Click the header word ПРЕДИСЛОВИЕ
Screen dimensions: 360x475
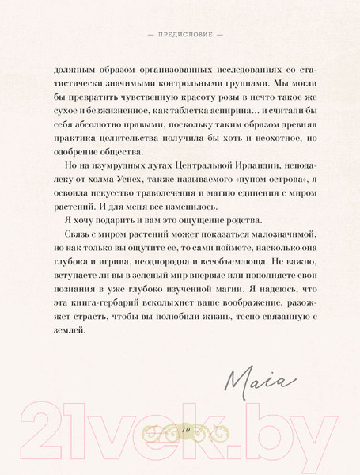[x=180, y=36]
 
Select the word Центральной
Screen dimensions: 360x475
[x=190, y=168]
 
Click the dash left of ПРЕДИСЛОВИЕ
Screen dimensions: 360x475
[x=140, y=36]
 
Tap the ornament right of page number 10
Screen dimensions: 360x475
[x=209, y=428]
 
